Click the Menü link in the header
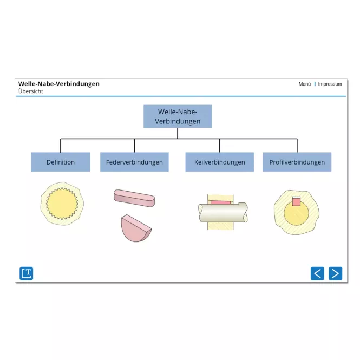pos(304,84)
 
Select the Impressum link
pos(330,84)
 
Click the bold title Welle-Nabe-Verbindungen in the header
pos(59,84)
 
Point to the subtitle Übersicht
pos(30,91)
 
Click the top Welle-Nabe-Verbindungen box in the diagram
pos(178,116)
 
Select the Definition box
pos(61,162)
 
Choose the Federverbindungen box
pos(134,162)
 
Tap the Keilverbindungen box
pos(219,162)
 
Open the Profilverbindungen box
pos(297,162)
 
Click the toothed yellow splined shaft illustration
pos(62,204)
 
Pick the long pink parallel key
pos(134,198)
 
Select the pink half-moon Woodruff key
pos(136,228)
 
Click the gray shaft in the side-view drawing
pos(222,212)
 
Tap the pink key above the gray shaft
pos(220,202)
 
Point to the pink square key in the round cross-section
pos(296,201)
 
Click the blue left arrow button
pos(317,273)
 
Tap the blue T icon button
pos(26,273)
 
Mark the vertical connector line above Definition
pos(61,146)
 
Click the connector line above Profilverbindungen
pos(297,146)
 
